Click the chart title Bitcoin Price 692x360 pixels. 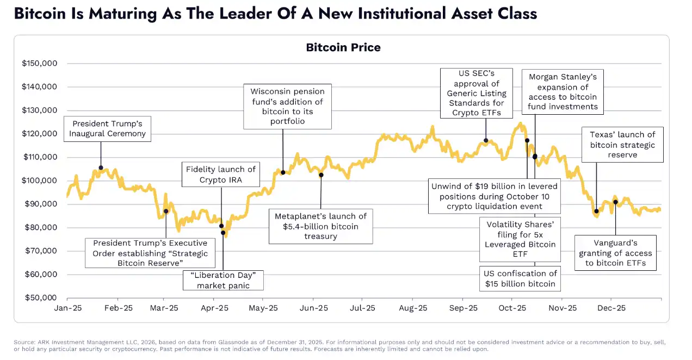pos(343,47)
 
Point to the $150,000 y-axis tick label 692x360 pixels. pos(40,64)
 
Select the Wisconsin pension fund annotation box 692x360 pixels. pos(287,106)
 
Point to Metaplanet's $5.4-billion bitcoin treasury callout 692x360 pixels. pos(321,226)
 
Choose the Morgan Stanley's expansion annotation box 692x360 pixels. pos(563,92)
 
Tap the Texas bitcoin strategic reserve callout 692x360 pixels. pos(622,145)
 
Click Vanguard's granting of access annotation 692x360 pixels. pos(615,253)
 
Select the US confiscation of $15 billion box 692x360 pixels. pos(520,278)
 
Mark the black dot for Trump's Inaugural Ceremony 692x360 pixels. pos(101,168)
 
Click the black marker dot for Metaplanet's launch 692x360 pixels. pos(321,175)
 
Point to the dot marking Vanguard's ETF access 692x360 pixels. pos(615,202)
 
